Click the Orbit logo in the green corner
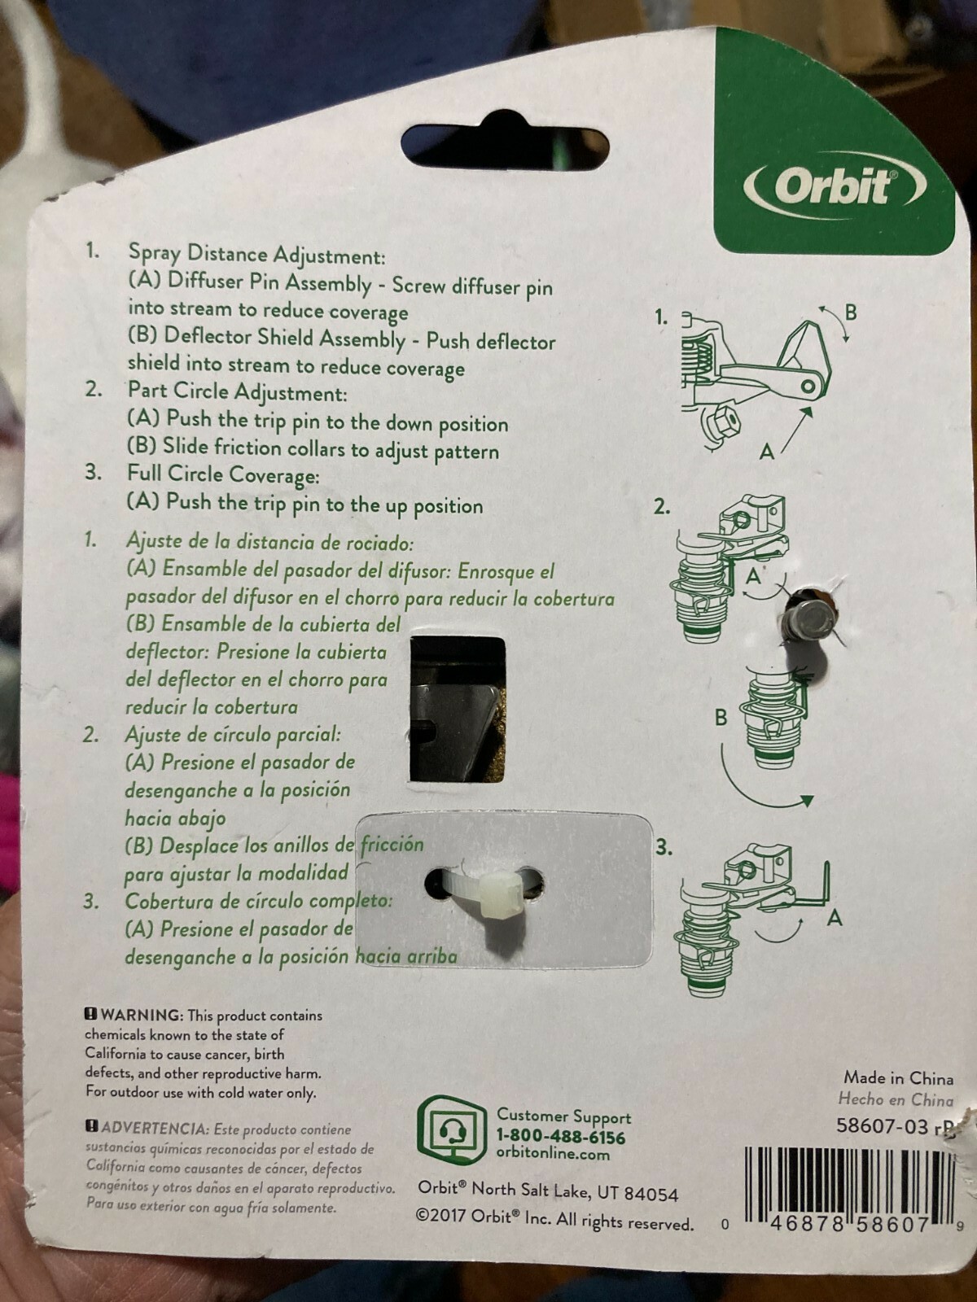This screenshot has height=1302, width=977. click(x=834, y=187)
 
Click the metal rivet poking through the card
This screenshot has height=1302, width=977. click(x=808, y=619)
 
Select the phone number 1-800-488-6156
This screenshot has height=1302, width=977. click(x=561, y=1137)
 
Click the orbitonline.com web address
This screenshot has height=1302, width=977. click(x=553, y=1154)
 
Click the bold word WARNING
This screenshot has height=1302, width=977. click(x=141, y=1015)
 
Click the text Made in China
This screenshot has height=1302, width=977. click(x=898, y=1077)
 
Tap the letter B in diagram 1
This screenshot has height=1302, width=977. click(x=851, y=312)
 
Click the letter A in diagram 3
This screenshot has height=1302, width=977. click(x=835, y=918)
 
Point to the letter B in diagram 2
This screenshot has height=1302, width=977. click(x=721, y=719)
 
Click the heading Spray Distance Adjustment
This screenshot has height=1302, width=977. click(x=257, y=255)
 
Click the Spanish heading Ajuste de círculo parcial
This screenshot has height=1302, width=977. click(x=233, y=735)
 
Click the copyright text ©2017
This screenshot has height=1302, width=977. click(x=440, y=1215)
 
